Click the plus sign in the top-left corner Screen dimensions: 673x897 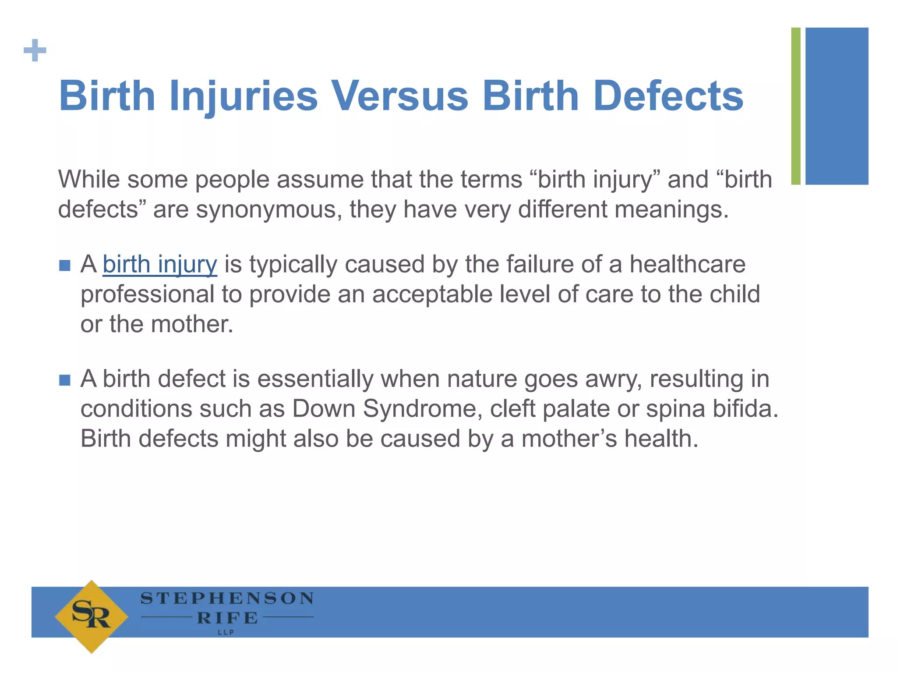click(x=35, y=50)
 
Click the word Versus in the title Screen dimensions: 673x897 click(x=399, y=96)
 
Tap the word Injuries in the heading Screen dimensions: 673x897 click(x=244, y=96)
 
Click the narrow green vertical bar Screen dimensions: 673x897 click(x=796, y=106)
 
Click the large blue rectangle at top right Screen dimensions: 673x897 click(x=837, y=106)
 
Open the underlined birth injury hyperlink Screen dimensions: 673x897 click(x=160, y=265)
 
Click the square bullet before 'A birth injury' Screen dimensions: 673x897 click(x=65, y=266)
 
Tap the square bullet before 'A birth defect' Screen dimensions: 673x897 click(x=65, y=380)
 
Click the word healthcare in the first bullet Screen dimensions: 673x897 click(x=687, y=265)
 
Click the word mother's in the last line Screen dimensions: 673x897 click(x=569, y=439)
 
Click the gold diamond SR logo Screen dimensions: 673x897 click(x=92, y=616)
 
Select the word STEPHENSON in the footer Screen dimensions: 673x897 click(x=227, y=599)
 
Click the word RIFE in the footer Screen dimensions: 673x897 click(x=227, y=618)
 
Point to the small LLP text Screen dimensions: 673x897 click(x=226, y=632)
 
